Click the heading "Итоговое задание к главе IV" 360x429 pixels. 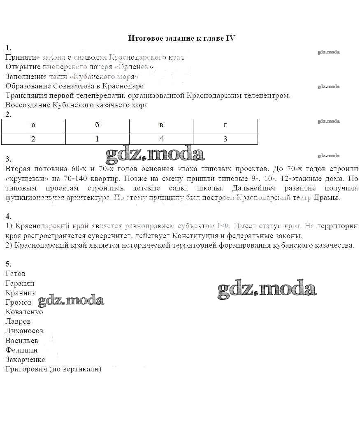coord(181,38)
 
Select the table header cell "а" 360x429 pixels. coord(33,125)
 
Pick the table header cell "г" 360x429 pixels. coord(225,125)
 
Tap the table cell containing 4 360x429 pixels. coord(161,139)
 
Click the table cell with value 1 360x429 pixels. coord(97,139)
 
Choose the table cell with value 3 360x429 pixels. coord(225,139)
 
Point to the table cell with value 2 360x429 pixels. coord(33,139)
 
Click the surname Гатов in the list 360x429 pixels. coord(16,274)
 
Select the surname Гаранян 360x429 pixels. coord(20,283)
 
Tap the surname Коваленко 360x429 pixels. coord(24,312)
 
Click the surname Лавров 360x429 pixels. coord(18,321)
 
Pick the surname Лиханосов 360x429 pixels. coord(25,331)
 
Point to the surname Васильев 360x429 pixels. coord(22,341)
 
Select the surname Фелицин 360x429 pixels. coord(21,350)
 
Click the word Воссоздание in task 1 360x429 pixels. coord(28,105)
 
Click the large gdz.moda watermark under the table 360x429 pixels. coord(155,154)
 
